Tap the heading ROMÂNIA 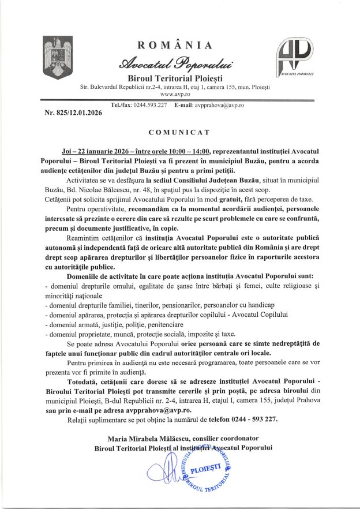click(175, 46)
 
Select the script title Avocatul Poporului click(175, 62)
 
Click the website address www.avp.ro click(175, 93)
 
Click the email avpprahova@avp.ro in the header click(223, 105)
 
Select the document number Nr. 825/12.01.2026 click(73, 113)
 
